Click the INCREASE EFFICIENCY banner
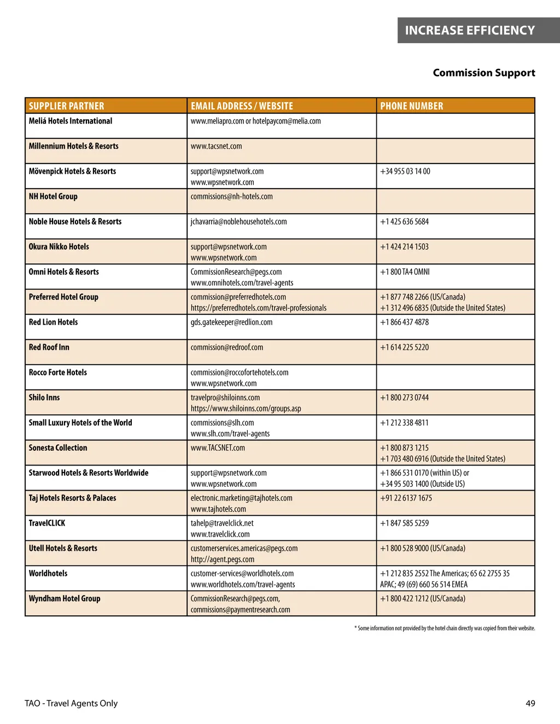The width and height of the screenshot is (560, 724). coord(470,31)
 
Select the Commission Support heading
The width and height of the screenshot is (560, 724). coord(484,73)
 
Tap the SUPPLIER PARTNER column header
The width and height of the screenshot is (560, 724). coord(66,106)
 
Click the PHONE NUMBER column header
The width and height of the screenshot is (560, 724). coord(412,106)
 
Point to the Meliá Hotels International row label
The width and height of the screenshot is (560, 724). coord(71,121)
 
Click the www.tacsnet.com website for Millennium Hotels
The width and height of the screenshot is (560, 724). coord(216,146)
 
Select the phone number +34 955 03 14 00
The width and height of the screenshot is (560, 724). coord(405,171)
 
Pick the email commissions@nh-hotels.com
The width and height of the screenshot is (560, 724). coord(231,196)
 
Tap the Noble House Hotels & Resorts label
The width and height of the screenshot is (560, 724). coord(75,221)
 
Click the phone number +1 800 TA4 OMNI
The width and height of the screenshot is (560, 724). coord(405,272)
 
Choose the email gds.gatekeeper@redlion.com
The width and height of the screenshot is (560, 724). coord(231,322)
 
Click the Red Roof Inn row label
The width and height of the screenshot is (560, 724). coord(49,347)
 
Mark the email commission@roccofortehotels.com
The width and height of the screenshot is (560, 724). coord(240,372)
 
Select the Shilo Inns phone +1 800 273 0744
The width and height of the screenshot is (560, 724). coord(405,397)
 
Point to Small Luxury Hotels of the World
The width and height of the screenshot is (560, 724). coord(80,422)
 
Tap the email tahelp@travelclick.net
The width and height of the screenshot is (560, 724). coord(222,523)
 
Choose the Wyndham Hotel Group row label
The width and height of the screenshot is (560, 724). coord(65,598)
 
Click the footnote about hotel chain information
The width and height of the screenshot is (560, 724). coord(445,628)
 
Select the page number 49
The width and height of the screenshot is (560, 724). coord(530,703)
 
